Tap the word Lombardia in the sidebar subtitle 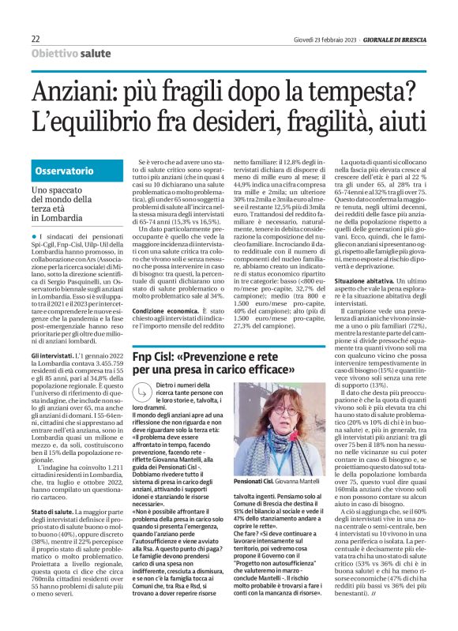60,217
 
